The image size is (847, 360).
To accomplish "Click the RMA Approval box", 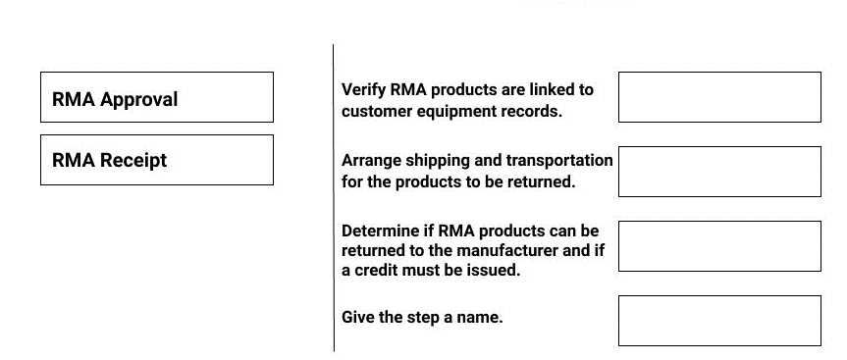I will pos(157,97).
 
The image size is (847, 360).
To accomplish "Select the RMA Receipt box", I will pos(157,160).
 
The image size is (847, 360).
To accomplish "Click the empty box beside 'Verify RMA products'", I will pos(719,97).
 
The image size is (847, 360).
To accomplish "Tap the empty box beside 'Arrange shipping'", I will pos(719,172).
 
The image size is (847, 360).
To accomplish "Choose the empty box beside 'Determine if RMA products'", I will pos(719,246).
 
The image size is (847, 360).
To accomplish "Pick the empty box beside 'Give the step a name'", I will pos(719,321).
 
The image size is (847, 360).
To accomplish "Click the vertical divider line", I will pos(334,196).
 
